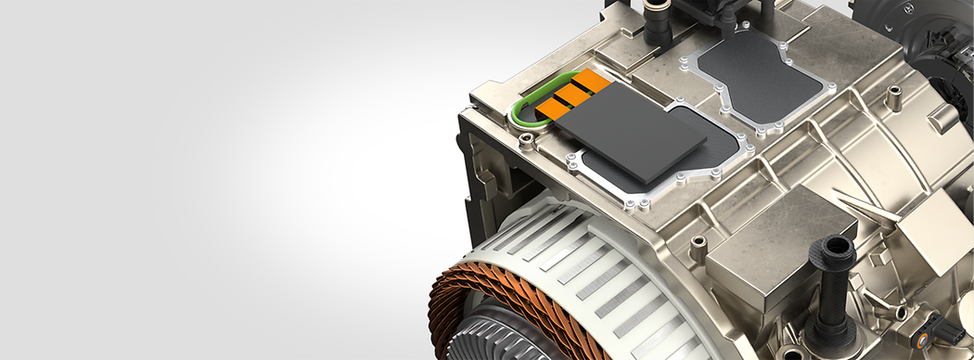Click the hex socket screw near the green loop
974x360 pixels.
click(527, 141)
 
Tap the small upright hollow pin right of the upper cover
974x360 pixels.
click(894, 96)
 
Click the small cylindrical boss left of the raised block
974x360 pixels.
click(698, 247)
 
